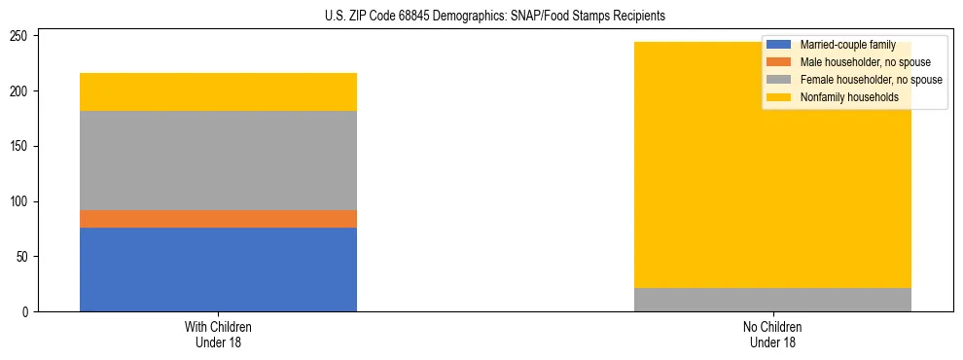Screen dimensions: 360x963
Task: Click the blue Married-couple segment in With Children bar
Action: coord(218,270)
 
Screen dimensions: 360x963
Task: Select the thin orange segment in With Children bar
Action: coord(218,219)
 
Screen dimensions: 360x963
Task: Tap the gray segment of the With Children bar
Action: coord(218,161)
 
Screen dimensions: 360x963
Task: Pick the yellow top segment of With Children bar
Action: coord(218,92)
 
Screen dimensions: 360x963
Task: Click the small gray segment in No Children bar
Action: coord(772,300)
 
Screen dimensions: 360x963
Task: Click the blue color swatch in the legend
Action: coord(779,46)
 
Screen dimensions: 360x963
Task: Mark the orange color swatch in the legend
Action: coord(779,62)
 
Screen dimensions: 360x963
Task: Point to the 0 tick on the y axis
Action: coord(27,312)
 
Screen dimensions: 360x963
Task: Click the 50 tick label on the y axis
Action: coord(24,257)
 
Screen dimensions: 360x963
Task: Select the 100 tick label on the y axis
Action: coord(21,201)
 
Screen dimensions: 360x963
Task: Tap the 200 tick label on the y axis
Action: coord(21,91)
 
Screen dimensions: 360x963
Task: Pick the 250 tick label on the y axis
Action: coord(21,36)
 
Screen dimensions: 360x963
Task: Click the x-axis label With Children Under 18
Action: coord(218,334)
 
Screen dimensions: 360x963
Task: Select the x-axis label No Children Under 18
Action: coord(772,334)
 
